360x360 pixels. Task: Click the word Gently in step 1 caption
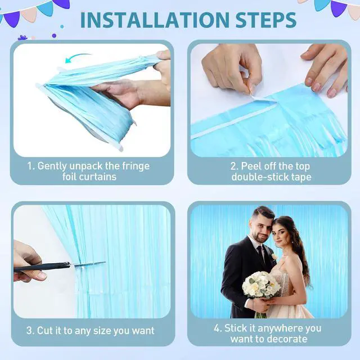[52, 166]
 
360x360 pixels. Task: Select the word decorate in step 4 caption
[287, 339]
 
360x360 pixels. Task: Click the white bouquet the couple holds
[261, 285]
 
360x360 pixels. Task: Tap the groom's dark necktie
[261, 254]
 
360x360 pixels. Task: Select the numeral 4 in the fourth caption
[217, 328]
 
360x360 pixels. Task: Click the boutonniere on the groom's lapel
[274, 256]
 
